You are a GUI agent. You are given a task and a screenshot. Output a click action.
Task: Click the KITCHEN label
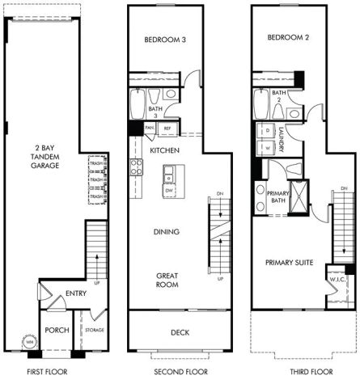coord(164,150)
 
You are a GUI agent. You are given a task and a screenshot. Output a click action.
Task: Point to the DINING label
coord(166,232)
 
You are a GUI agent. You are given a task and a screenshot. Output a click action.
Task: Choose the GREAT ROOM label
coord(167,280)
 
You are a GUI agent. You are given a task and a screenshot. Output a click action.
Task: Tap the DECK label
coord(180,332)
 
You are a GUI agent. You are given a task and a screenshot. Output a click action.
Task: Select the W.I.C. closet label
coord(337,280)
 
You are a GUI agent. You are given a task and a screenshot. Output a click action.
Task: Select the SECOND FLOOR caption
coord(180,373)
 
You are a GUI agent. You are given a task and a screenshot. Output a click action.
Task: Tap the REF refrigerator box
coord(167,128)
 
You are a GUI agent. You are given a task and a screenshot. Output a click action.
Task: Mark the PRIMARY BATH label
coord(278,198)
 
